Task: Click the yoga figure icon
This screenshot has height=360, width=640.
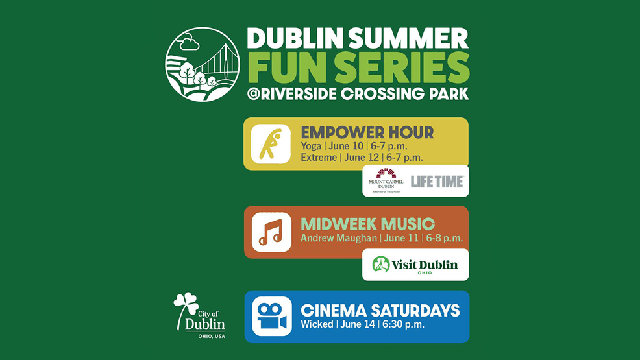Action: point(270,144)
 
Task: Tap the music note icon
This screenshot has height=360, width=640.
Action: point(271,232)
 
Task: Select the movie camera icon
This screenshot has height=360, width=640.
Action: point(271,316)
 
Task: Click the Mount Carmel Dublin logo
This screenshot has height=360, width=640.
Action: point(386,180)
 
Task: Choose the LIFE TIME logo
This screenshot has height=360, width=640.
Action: point(437,181)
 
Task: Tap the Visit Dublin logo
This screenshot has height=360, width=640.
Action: point(415,265)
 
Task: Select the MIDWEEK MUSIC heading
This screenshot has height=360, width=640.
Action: point(367,224)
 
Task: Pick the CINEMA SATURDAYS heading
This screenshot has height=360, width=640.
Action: point(380,310)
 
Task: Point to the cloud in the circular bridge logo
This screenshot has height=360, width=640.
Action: point(190,43)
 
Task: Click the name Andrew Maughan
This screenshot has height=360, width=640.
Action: point(338,238)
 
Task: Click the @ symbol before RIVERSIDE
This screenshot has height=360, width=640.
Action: point(254,94)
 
